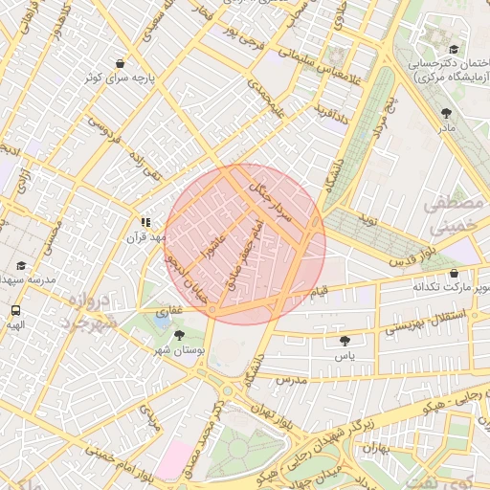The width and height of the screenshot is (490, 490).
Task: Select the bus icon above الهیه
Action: [15, 310]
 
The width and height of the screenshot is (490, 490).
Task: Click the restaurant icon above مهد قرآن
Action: [145, 221]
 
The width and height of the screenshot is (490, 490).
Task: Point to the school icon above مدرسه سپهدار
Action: [21, 265]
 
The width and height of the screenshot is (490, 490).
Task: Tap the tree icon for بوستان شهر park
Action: [180, 335]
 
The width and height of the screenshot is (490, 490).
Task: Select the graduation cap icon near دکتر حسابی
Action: [453, 50]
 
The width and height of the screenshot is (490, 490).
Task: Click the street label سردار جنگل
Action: [271, 199]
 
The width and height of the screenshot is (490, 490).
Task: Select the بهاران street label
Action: [378, 449]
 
